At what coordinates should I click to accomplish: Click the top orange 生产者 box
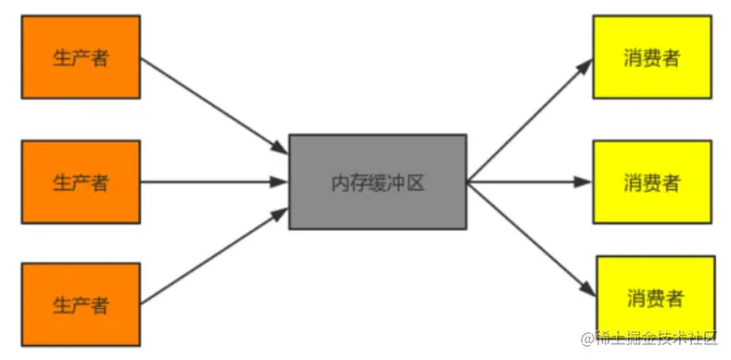click(x=80, y=57)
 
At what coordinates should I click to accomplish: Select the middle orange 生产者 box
click(x=80, y=182)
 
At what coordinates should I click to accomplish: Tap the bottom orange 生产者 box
click(x=80, y=304)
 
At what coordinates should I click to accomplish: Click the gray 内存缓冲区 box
click(x=377, y=182)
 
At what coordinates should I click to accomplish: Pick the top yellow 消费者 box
click(x=652, y=57)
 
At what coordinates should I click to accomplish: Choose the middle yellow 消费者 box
click(x=652, y=182)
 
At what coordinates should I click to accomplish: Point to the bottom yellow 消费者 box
click(x=655, y=299)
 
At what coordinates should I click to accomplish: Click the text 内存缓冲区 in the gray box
click(x=377, y=182)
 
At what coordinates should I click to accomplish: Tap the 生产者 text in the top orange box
click(x=80, y=58)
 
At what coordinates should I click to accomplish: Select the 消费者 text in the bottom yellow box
click(x=655, y=299)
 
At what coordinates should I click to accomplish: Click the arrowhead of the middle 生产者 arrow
click(x=279, y=182)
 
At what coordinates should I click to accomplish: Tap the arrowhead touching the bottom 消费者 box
click(x=586, y=289)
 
